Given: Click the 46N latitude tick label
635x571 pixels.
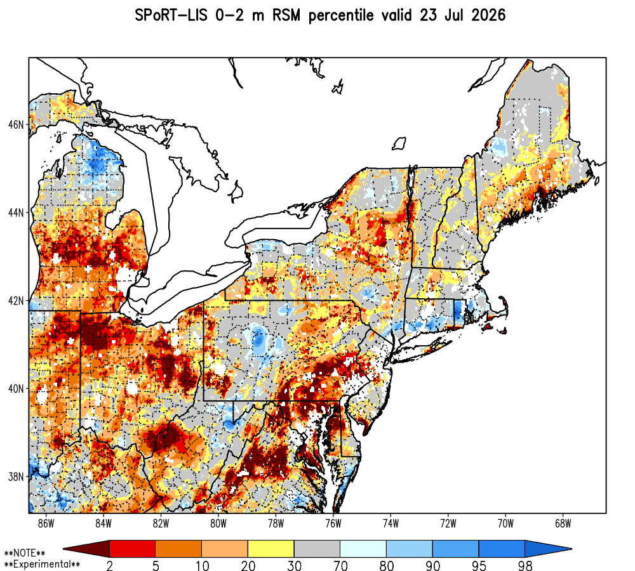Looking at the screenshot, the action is (16, 124).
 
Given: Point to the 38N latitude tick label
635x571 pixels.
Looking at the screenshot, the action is (16, 476).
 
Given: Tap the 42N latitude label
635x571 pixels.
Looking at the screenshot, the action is (16, 301).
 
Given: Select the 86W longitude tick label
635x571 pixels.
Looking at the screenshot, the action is (46, 523).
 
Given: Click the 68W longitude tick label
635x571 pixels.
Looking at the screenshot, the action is (563, 523).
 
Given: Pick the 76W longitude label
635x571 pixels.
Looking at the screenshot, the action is (333, 523).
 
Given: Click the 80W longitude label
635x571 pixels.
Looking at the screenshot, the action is (218, 523).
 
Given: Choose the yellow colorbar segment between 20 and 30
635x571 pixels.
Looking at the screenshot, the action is (271, 549).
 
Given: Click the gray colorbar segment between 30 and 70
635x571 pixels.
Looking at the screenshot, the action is (317, 549).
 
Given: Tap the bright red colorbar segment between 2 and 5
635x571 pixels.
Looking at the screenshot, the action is (133, 549).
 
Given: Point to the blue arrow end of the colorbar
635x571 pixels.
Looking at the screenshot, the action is (547, 549).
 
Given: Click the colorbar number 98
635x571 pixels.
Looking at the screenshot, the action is (525, 565).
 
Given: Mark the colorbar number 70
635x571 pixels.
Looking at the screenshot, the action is (340, 565).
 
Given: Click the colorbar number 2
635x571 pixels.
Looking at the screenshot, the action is (109, 565).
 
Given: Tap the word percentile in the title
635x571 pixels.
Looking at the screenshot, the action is (341, 16).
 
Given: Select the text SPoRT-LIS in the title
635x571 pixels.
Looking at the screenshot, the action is (171, 15).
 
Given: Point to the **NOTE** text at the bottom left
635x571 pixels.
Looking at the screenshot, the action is (24, 553).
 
